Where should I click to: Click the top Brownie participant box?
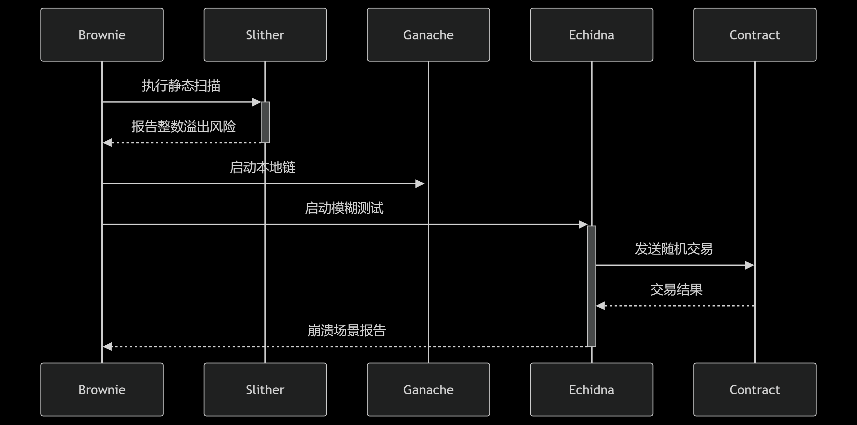coord(102,35)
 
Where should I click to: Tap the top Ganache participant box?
coord(428,35)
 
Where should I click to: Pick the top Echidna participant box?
coord(591,35)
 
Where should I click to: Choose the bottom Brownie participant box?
coord(102,389)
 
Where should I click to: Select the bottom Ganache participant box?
coord(428,389)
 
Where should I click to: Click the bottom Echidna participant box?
coord(591,389)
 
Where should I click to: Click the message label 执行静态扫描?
coord(181,85)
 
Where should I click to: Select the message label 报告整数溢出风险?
coord(183,126)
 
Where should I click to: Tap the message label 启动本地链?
coord(263,167)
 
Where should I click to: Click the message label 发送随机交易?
coord(673,249)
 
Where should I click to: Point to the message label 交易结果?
coord(676,289)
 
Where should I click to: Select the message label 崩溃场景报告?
coord(346,330)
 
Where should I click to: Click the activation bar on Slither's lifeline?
coord(265,122)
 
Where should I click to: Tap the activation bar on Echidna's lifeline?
coord(591,286)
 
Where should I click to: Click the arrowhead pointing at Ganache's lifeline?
coord(420,184)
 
